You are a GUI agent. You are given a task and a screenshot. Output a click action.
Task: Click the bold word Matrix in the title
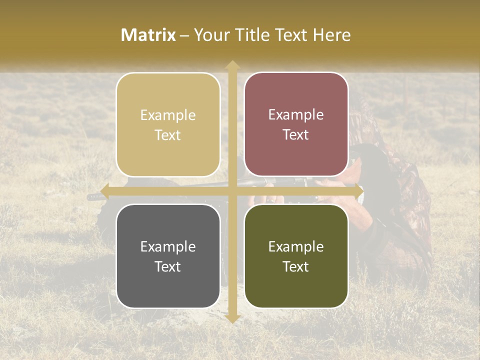pos(148,35)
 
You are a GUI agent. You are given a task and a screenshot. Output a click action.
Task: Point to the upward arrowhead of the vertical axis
pos(232,65)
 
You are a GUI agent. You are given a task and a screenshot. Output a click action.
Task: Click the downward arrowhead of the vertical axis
pos(232,318)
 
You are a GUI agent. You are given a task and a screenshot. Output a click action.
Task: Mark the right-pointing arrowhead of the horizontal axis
pos(358,191)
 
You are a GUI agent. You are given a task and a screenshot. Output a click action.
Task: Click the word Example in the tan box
pos(168,115)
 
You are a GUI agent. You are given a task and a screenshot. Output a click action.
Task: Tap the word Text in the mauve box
pos(296,135)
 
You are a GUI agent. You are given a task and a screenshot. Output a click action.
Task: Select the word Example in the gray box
pos(168,247)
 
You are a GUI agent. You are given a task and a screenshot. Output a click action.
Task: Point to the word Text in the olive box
pos(296,266)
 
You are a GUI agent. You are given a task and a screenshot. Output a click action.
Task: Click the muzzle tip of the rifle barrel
pos(89,197)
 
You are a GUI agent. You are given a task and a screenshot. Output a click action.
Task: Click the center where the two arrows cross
pos(232,191)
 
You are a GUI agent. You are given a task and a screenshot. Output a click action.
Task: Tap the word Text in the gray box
pos(168,266)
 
